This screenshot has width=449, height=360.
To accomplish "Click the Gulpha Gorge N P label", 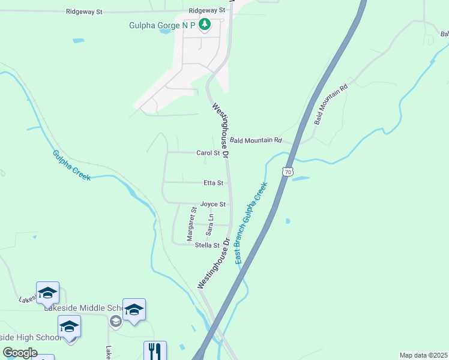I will tap(163, 26).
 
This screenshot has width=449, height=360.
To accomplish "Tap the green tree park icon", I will tap(205, 25).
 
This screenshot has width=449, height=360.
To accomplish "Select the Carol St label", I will tap(209, 153).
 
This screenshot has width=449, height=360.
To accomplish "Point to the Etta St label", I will tap(213, 183).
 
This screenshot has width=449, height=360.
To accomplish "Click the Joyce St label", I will tap(212, 204).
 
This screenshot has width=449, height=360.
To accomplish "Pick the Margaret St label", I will tap(191, 224).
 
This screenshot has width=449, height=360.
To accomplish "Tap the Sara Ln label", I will tap(209, 224).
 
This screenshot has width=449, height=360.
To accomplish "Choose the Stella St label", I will tap(207, 245).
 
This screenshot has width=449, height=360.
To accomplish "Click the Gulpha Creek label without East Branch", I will tap(71, 165).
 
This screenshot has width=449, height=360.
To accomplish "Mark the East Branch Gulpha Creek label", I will tap(250, 223).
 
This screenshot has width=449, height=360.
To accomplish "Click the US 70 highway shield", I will tap(289, 172).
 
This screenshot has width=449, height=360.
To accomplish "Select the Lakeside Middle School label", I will tap(83, 307).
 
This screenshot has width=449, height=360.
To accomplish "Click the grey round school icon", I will tap(115, 322).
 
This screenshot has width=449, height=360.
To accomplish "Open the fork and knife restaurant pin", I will tap(155, 350).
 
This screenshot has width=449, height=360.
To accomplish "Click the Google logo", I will tap(20, 353).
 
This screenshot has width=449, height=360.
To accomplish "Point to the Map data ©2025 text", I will tap(423, 355).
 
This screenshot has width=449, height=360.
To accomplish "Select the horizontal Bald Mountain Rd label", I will tap(256, 140).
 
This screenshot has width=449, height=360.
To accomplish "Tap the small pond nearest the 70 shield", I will tap(300, 179).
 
